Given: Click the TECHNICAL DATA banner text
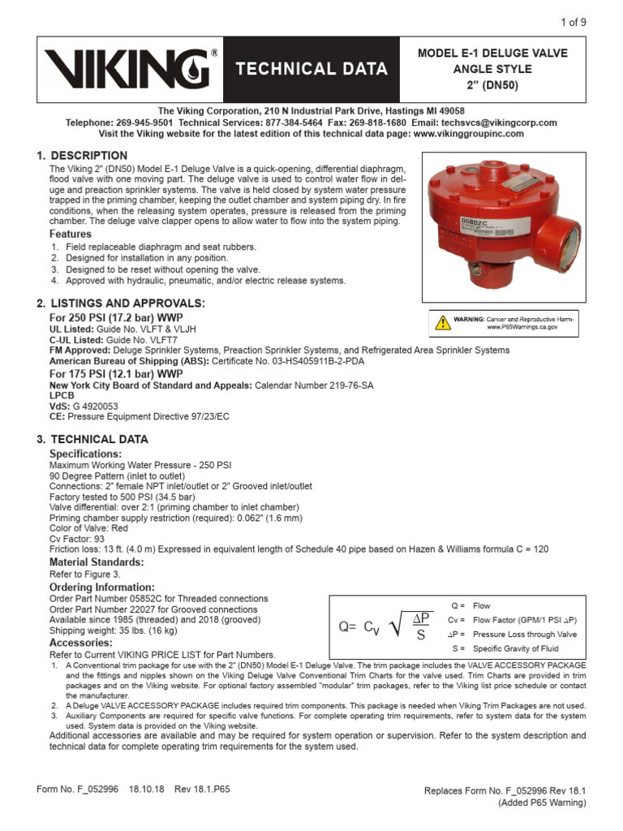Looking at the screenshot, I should point(311,69).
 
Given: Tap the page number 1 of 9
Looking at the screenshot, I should point(572,22).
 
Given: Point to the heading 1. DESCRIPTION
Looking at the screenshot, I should point(82,155).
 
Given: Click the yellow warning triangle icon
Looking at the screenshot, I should point(442,322).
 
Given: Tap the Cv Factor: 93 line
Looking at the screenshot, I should point(79,539).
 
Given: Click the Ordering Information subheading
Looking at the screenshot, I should point(101,587).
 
